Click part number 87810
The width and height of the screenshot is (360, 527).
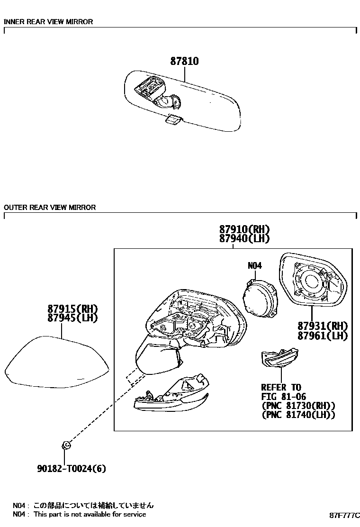click(184, 62)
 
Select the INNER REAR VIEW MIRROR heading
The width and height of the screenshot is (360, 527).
click(48, 22)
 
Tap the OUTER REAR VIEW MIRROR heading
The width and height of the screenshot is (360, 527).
click(50, 207)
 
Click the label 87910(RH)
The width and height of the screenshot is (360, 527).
click(244, 229)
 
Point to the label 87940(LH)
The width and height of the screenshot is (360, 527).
click(244, 239)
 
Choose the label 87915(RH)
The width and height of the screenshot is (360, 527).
click(72, 309)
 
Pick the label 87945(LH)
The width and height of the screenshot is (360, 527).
click(72, 318)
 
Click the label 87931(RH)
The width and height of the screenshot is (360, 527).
click(323, 326)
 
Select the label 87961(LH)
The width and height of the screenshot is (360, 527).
click(323, 336)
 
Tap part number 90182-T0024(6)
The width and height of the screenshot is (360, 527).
click(71, 469)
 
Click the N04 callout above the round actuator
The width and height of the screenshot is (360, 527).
click(254, 266)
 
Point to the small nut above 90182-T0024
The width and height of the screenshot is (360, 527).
click(66, 445)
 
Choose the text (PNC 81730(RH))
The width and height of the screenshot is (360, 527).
click(298, 406)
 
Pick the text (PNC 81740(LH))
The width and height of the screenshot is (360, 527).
click(298, 415)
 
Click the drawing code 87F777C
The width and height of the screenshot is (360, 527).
click(345, 515)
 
